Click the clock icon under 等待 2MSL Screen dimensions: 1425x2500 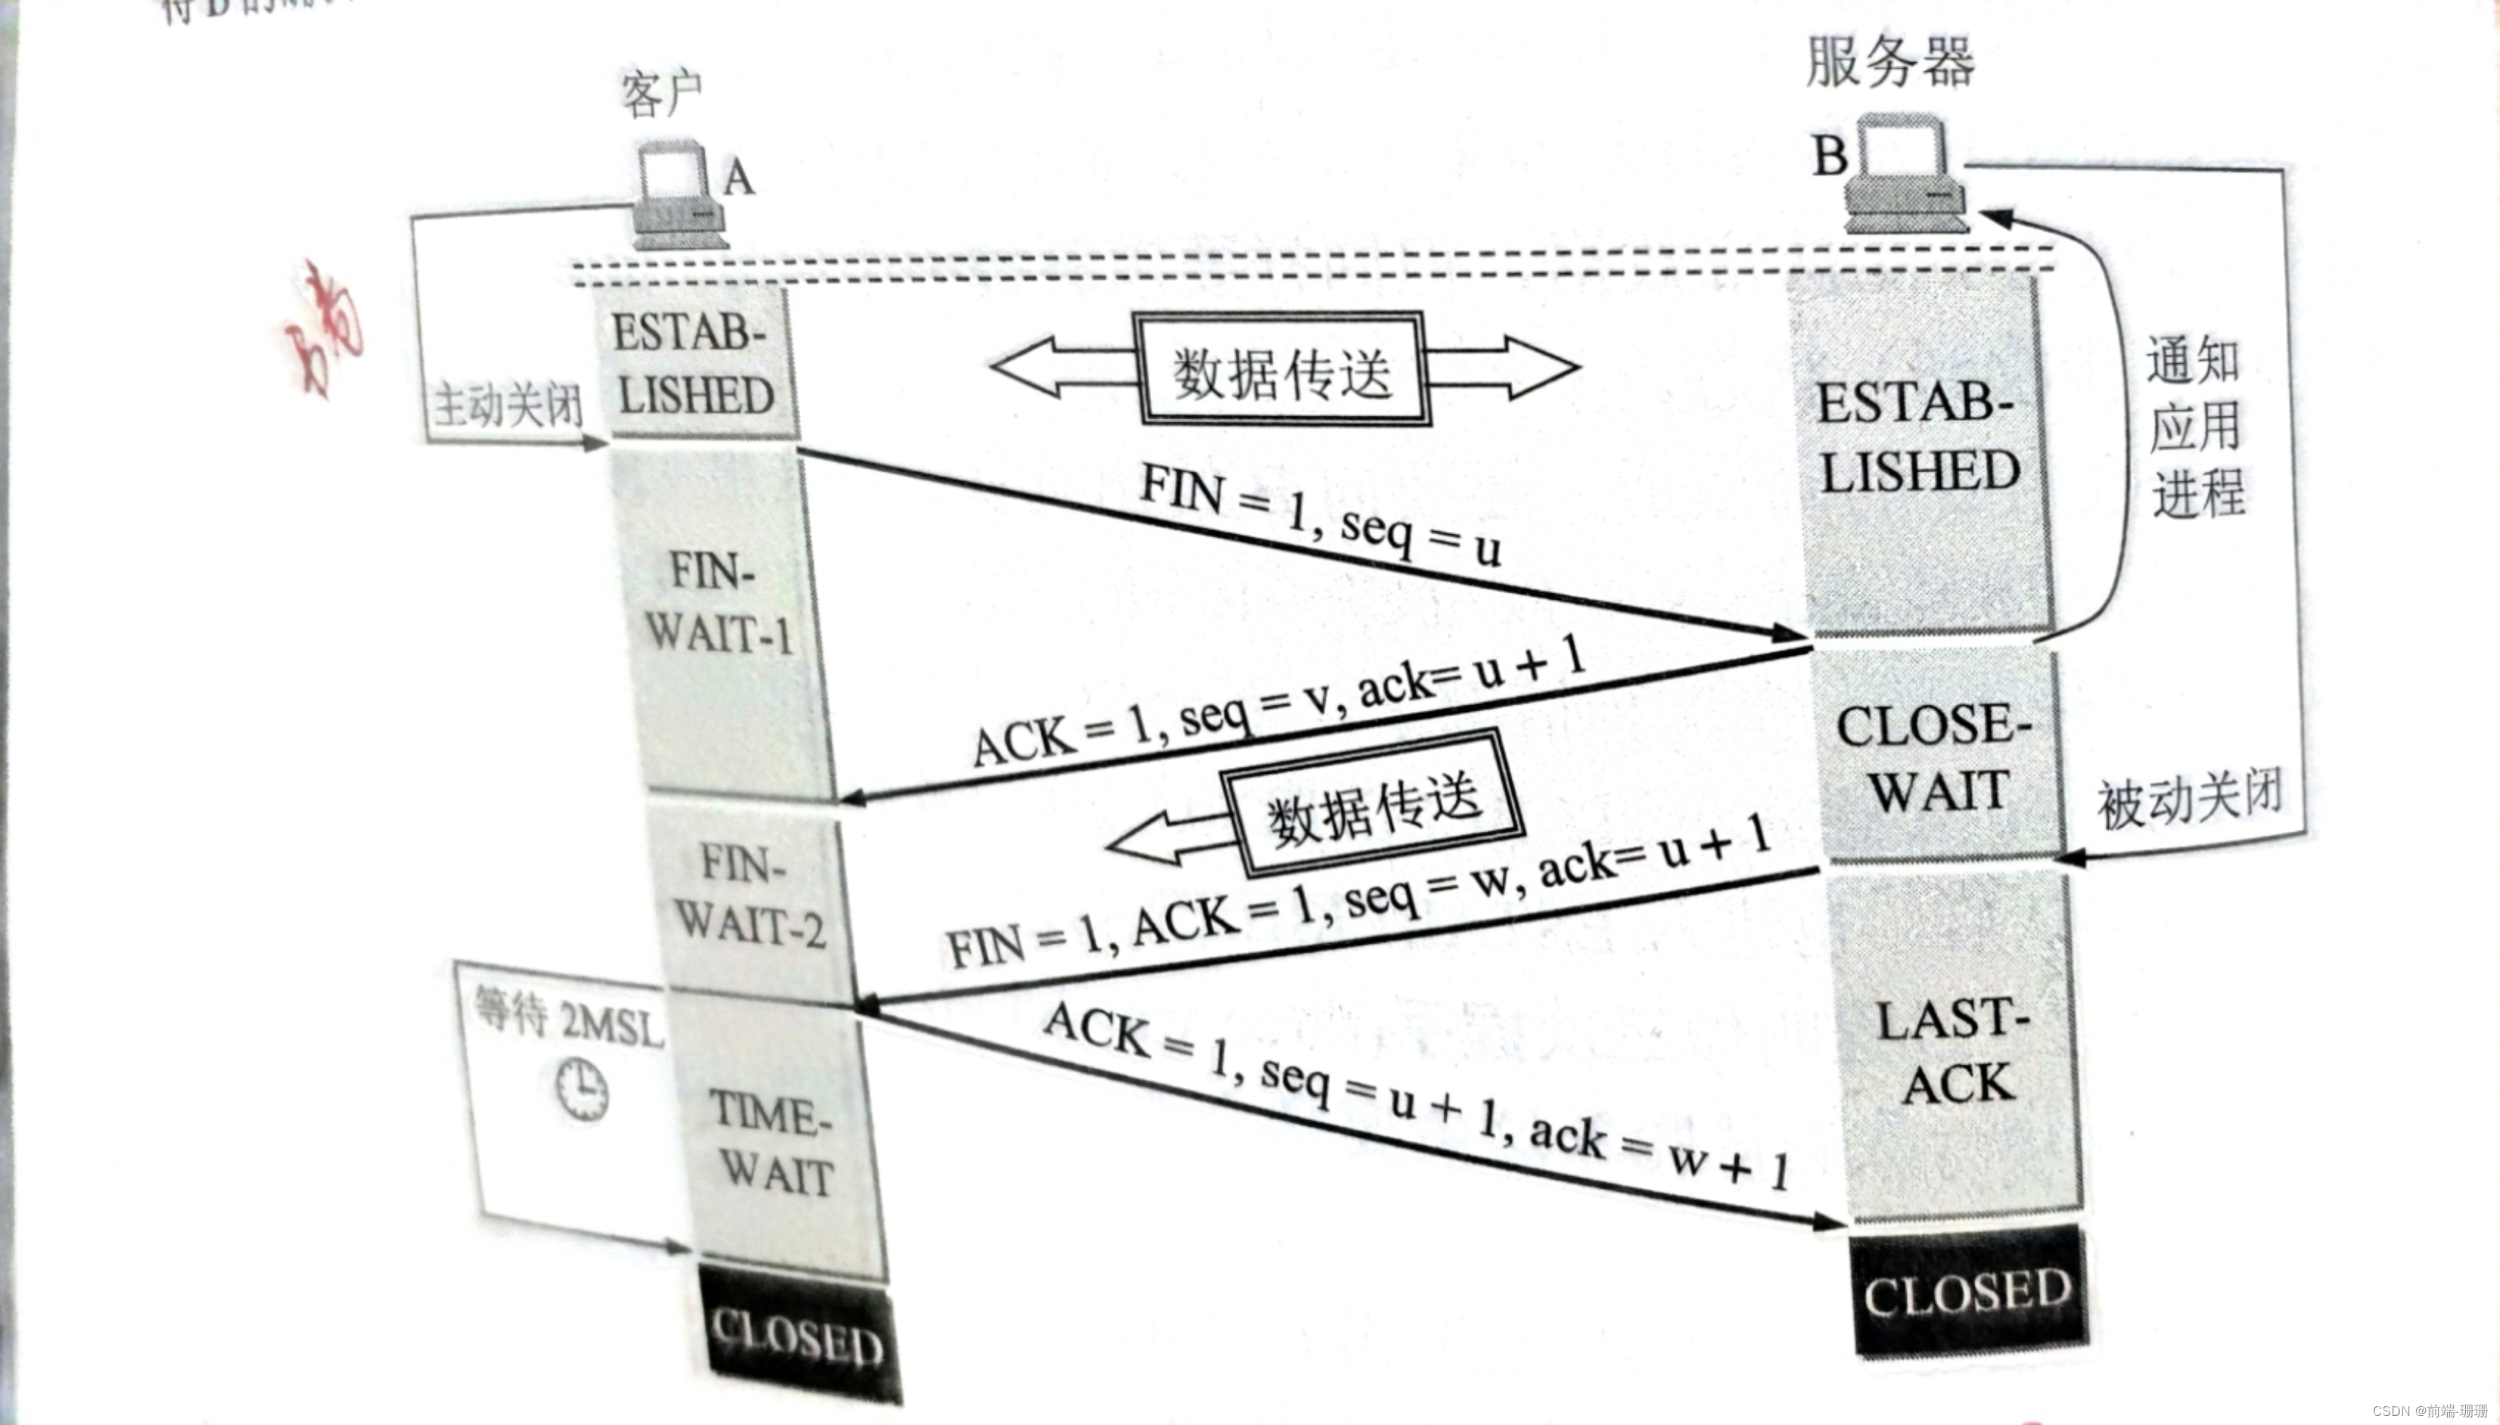(x=582, y=1089)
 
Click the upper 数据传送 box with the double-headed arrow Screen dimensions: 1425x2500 (x=1281, y=370)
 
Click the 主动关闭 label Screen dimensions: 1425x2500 (x=507, y=405)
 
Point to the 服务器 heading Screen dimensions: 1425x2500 (x=1889, y=61)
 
